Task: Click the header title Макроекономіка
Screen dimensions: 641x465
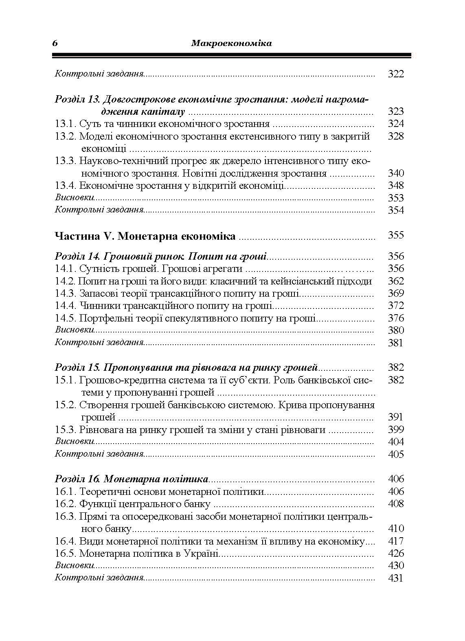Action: [231, 43]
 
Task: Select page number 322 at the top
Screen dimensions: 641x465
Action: [395, 74]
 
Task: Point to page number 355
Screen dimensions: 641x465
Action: [395, 235]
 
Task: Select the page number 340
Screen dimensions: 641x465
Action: [395, 173]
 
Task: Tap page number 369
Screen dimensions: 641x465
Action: [395, 293]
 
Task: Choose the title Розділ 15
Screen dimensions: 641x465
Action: [78, 368]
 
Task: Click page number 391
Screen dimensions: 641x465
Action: [395, 417]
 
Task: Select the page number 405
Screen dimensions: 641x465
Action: [395, 455]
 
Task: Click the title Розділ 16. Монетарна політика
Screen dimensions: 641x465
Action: [132, 479]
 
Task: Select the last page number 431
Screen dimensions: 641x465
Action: [395, 578]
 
